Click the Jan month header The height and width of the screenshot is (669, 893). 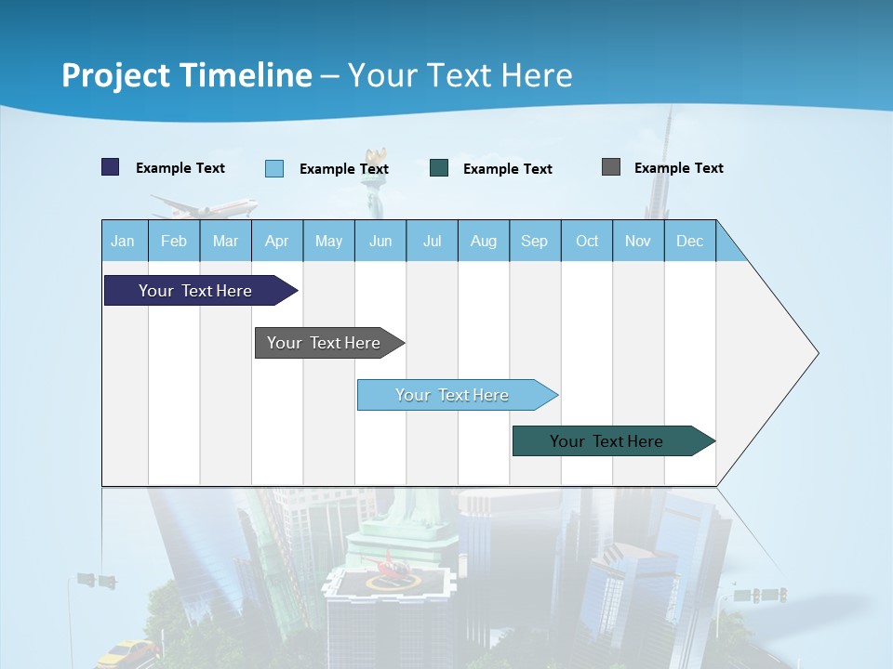pyautogui.click(x=123, y=242)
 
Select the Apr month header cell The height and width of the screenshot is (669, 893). pyautogui.click(x=276, y=242)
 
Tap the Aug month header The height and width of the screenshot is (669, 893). pyautogui.click(x=483, y=242)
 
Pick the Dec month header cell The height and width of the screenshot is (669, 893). pyautogui.click(x=689, y=242)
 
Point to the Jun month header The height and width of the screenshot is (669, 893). pyautogui.click(x=380, y=242)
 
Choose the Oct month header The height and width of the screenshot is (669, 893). pyautogui.click(x=586, y=242)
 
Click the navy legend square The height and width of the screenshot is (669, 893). pyautogui.click(x=111, y=167)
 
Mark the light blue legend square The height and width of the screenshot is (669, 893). pyautogui.click(x=274, y=168)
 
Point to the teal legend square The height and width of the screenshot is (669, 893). pyautogui.click(x=439, y=168)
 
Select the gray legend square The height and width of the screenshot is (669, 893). pyautogui.click(x=610, y=167)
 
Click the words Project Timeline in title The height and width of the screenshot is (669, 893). pyautogui.click(x=186, y=75)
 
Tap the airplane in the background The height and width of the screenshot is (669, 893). pyautogui.click(x=205, y=206)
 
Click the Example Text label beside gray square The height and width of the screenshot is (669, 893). pyautogui.click(x=678, y=168)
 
